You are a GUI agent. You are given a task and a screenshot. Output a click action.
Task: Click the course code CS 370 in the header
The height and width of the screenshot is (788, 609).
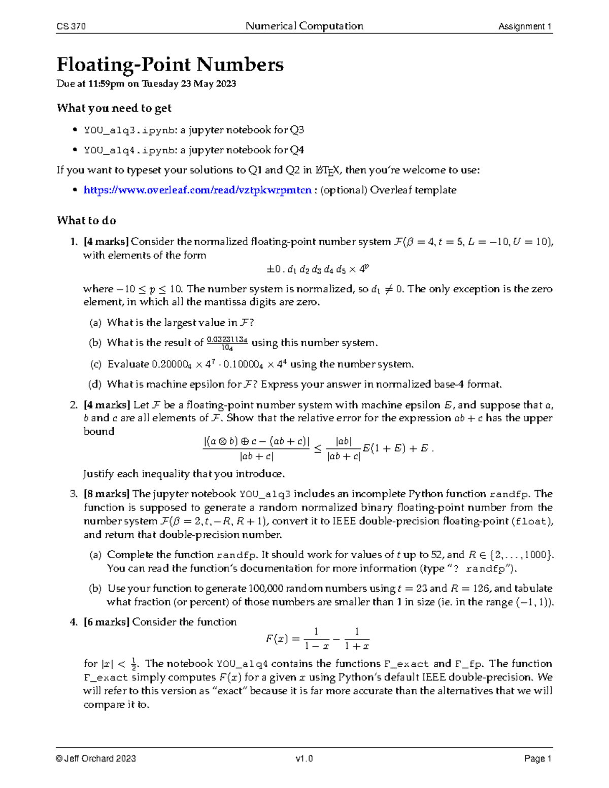coord(71,26)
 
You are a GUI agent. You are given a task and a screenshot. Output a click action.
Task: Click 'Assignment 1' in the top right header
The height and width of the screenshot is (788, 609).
coord(525,26)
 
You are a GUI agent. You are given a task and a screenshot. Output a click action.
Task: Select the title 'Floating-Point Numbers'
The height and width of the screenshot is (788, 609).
coord(170,64)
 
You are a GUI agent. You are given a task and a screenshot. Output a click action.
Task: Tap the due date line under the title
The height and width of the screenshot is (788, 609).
coord(146,84)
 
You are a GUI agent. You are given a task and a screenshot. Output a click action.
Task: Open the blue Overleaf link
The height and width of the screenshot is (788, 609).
coord(197,190)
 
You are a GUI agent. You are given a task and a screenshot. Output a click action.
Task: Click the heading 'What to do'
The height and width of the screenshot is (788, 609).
coord(86,221)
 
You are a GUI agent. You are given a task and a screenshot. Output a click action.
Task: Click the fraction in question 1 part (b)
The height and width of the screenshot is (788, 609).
coord(227,343)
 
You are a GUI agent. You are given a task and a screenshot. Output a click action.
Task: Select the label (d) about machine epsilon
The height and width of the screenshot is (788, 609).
coord(95,384)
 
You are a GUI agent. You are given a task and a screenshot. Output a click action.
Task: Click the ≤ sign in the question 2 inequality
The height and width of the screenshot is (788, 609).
coord(318,449)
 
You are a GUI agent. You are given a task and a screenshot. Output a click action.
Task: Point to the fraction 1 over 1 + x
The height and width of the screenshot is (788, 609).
coord(357,639)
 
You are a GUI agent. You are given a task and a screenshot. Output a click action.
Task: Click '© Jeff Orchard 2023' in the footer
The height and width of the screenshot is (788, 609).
coord(96,759)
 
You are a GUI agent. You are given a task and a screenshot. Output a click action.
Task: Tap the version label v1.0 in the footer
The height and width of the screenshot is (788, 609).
coord(304,759)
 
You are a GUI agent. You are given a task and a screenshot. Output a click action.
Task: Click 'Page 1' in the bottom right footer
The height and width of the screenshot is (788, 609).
coord(538,759)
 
